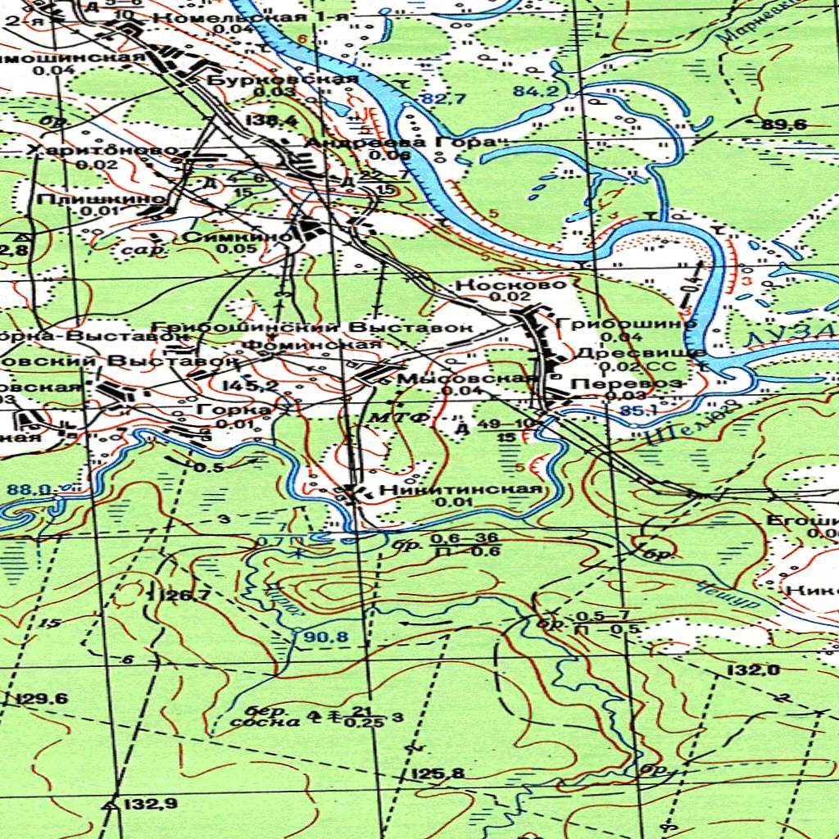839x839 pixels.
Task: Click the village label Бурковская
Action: tap(281, 79)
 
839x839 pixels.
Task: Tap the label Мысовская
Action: tap(466, 378)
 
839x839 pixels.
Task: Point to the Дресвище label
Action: tap(641, 353)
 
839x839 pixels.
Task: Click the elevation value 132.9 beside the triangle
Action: tap(149, 804)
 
